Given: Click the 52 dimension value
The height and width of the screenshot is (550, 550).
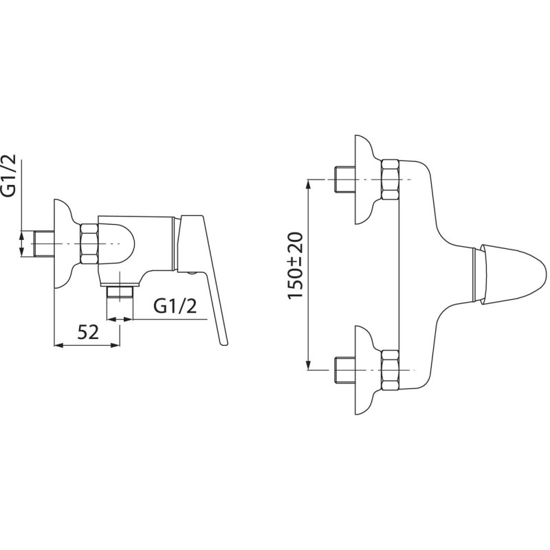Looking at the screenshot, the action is (88, 331).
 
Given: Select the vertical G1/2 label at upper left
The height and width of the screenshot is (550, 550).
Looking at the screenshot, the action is (10, 175).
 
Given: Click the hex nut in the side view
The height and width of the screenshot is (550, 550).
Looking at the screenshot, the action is (89, 244).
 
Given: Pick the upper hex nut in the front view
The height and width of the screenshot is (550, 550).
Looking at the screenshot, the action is (390, 180).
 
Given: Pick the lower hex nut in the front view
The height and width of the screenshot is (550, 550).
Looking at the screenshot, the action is (390, 370).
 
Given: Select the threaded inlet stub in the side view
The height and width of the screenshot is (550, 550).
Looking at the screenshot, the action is (44, 244).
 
